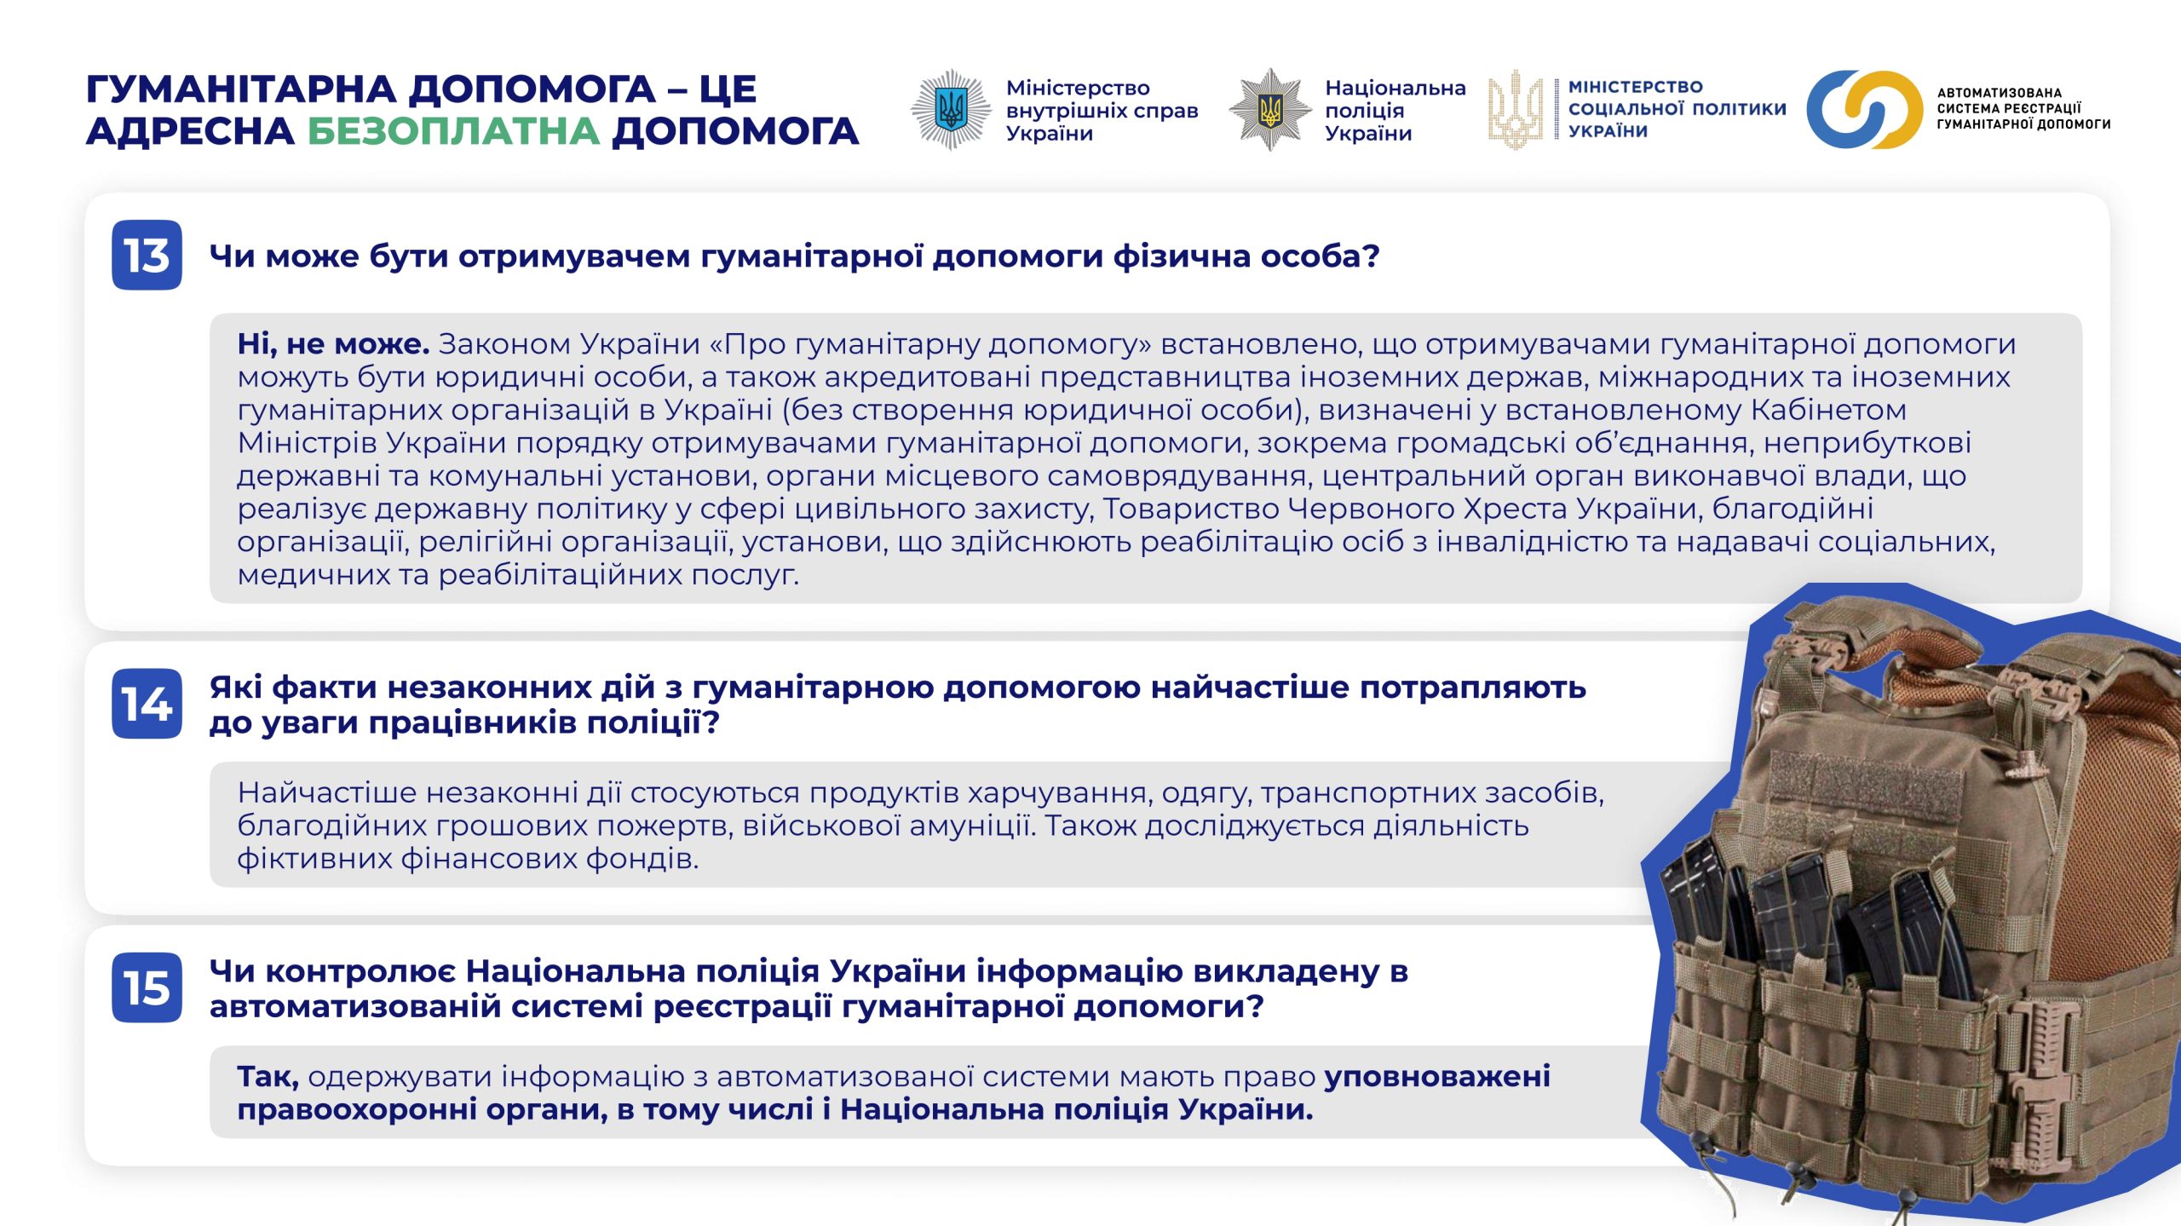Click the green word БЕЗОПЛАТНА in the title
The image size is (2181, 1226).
click(x=452, y=131)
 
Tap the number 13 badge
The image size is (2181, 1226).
click(x=147, y=255)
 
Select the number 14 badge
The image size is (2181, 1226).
click(x=147, y=704)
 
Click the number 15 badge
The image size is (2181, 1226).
click(x=147, y=987)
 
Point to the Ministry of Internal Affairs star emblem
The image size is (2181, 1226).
click(x=951, y=110)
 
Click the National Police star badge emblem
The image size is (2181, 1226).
click(x=1269, y=110)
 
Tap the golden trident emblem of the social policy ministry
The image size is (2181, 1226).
click(x=1515, y=110)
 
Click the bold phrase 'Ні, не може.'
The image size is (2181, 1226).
click(x=333, y=344)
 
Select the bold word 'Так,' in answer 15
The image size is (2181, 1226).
click(x=268, y=1076)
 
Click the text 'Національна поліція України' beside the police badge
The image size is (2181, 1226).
click(x=1394, y=111)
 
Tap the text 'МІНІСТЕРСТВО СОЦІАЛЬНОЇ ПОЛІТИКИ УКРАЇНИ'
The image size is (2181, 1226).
click(x=1676, y=109)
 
